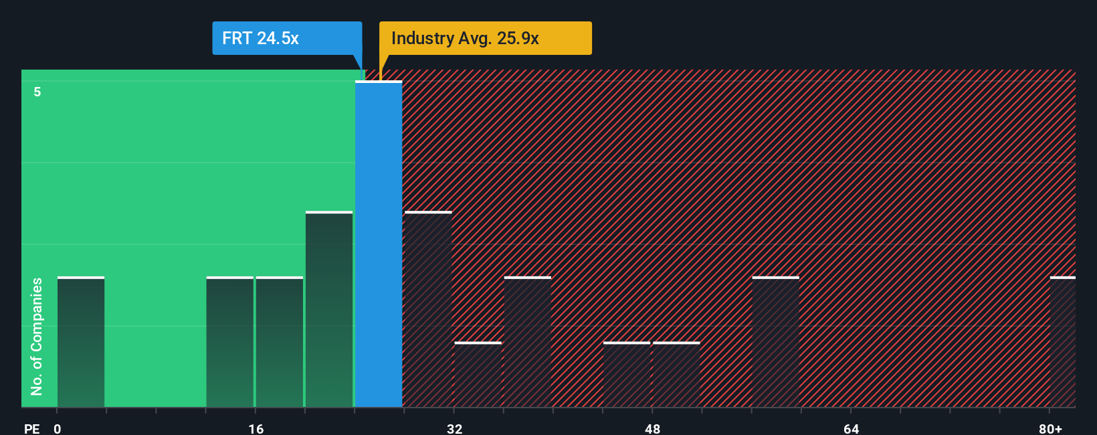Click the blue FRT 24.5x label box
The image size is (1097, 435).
point(287,38)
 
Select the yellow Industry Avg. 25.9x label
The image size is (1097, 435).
point(485,38)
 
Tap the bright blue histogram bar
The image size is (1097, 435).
point(379,244)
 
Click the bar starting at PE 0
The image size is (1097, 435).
point(81,342)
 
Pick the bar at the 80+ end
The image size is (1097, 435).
point(1062,342)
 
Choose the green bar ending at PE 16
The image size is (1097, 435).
point(230,342)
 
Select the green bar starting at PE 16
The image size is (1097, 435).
point(280,342)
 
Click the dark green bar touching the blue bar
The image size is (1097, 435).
point(329,309)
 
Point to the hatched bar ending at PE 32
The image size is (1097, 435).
point(428,309)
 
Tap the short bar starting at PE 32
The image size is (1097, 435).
point(478,375)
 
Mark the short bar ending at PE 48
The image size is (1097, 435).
point(627,375)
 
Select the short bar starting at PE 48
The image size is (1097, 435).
point(676,375)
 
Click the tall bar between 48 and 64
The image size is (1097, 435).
point(775,342)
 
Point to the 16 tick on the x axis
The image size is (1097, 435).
point(256,428)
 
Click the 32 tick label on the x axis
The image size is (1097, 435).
point(455,428)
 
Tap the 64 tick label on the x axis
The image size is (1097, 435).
point(851,428)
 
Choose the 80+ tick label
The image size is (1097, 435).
point(1050,428)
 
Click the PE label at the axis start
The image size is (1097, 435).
point(32,428)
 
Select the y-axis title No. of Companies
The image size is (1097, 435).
point(37,336)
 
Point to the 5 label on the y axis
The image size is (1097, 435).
point(37,92)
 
